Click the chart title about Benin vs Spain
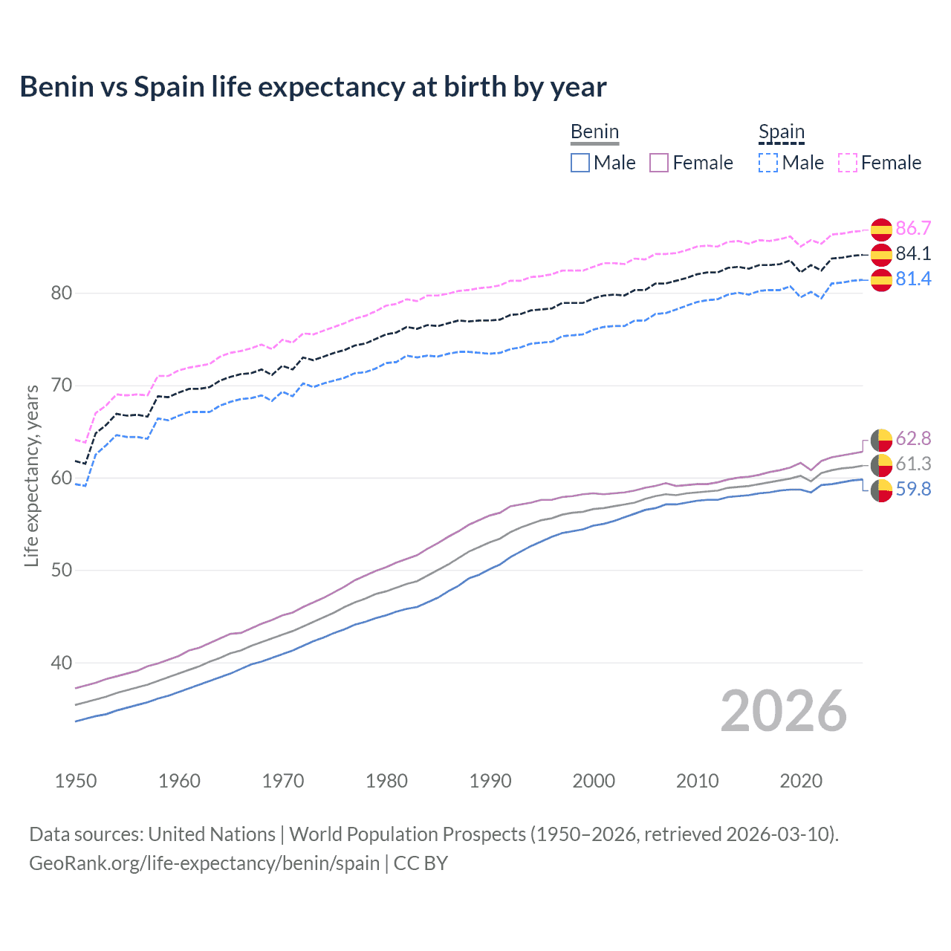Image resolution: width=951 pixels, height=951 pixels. (313, 87)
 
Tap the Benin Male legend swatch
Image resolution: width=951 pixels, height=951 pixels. (580, 163)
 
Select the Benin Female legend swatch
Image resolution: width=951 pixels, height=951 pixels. (659, 163)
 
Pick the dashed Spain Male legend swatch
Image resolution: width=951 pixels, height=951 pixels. (768, 163)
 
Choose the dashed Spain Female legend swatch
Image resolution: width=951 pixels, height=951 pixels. (848, 163)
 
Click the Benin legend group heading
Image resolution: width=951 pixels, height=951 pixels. (594, 132)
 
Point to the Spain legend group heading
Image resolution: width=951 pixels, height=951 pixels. (782, 132)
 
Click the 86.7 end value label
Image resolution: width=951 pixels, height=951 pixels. (913, 228)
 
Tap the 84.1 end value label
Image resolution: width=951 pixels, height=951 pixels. (913, 253)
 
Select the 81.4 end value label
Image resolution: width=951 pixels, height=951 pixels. (913, 279)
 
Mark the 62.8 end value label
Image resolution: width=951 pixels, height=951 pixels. (913, 438)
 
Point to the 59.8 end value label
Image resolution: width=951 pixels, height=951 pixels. (913, 489)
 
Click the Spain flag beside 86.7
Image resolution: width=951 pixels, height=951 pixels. (881, 230)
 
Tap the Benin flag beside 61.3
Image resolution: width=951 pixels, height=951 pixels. (881, 465)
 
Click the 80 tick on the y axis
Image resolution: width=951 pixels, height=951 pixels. (62, 293)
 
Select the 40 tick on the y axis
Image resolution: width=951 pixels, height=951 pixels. (62, 663)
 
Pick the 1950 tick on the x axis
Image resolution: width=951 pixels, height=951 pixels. (76, 781)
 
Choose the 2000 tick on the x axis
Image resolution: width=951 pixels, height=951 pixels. (594, 781)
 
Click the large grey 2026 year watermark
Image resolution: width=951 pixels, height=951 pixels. (783, 711)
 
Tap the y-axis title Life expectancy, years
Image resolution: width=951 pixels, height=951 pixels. (32, 475)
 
